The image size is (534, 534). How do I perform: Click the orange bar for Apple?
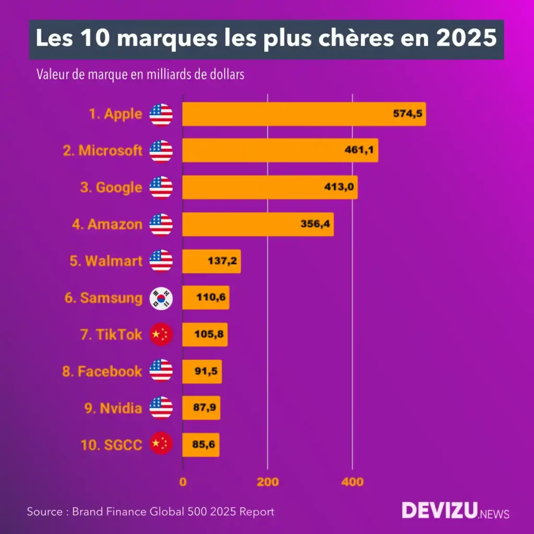coord(304,114)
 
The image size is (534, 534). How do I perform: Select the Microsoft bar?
coord(280,151)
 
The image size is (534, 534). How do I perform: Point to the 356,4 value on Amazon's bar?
coord(315,225)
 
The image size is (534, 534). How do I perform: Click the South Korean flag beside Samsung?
coord(161,298)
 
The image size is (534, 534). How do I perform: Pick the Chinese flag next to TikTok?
coord(161,335)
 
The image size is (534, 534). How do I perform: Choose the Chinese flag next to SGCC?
coord(161,445)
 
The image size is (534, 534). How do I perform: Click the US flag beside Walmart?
coord(161,261)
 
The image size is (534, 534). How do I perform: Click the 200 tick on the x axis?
coord(268,482)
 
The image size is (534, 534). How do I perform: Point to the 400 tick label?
coord(353,482)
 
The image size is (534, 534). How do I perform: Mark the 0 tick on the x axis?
coord(183,482)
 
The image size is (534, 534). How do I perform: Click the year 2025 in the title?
coord(467,40)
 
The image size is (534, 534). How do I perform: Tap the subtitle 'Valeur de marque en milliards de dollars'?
coord(140,75)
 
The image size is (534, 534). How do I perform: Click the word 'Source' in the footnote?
coord(45,512)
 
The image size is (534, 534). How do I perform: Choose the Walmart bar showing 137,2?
coord(211,261)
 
